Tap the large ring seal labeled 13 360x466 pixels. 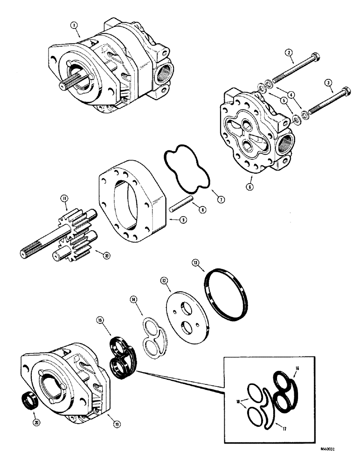(x=227, y=292)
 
